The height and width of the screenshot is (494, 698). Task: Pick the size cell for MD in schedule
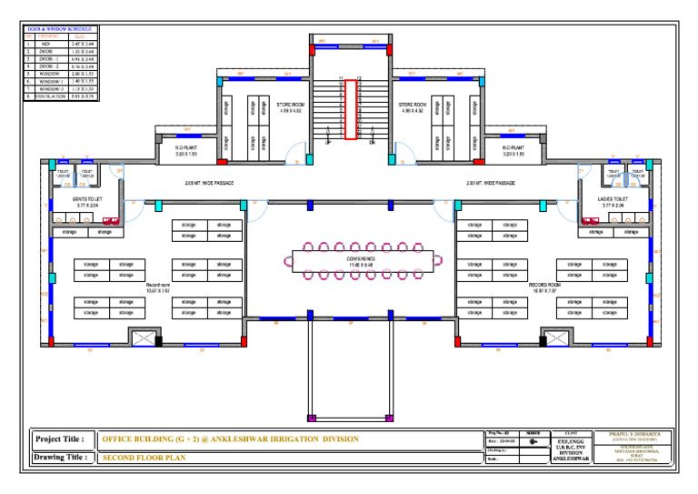point(83,43)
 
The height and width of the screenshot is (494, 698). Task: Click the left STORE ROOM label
point(289,107)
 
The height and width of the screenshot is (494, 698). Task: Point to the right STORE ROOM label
point(411,107)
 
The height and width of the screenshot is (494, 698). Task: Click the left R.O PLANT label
point(185,150)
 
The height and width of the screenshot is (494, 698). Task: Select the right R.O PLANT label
point(514,150)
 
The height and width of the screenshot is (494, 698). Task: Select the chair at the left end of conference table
point(290,260)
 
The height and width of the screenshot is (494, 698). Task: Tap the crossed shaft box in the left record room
point(144,338)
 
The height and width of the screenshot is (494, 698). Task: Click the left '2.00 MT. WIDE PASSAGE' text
point(209,183)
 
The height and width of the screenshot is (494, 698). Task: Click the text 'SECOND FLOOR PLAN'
point(144,458)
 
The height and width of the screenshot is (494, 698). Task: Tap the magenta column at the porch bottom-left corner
point(312,418)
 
